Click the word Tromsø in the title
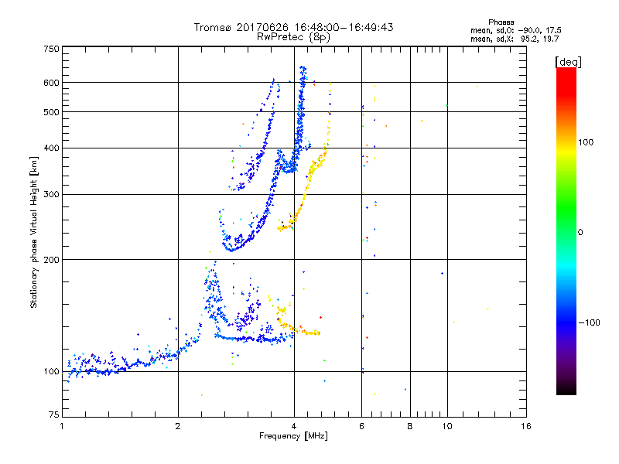(x=211, y=27)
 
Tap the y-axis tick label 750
(x=51, y=49)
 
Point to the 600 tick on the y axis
(x=51, y=83)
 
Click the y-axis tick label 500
(x=51, y=112)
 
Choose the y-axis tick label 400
(x=51, y=148)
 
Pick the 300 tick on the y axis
(x=51, y=194)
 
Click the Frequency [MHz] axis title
(x=293, y=437)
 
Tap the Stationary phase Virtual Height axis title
(x=34, y=233)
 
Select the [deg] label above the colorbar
(x=569, y=61)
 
